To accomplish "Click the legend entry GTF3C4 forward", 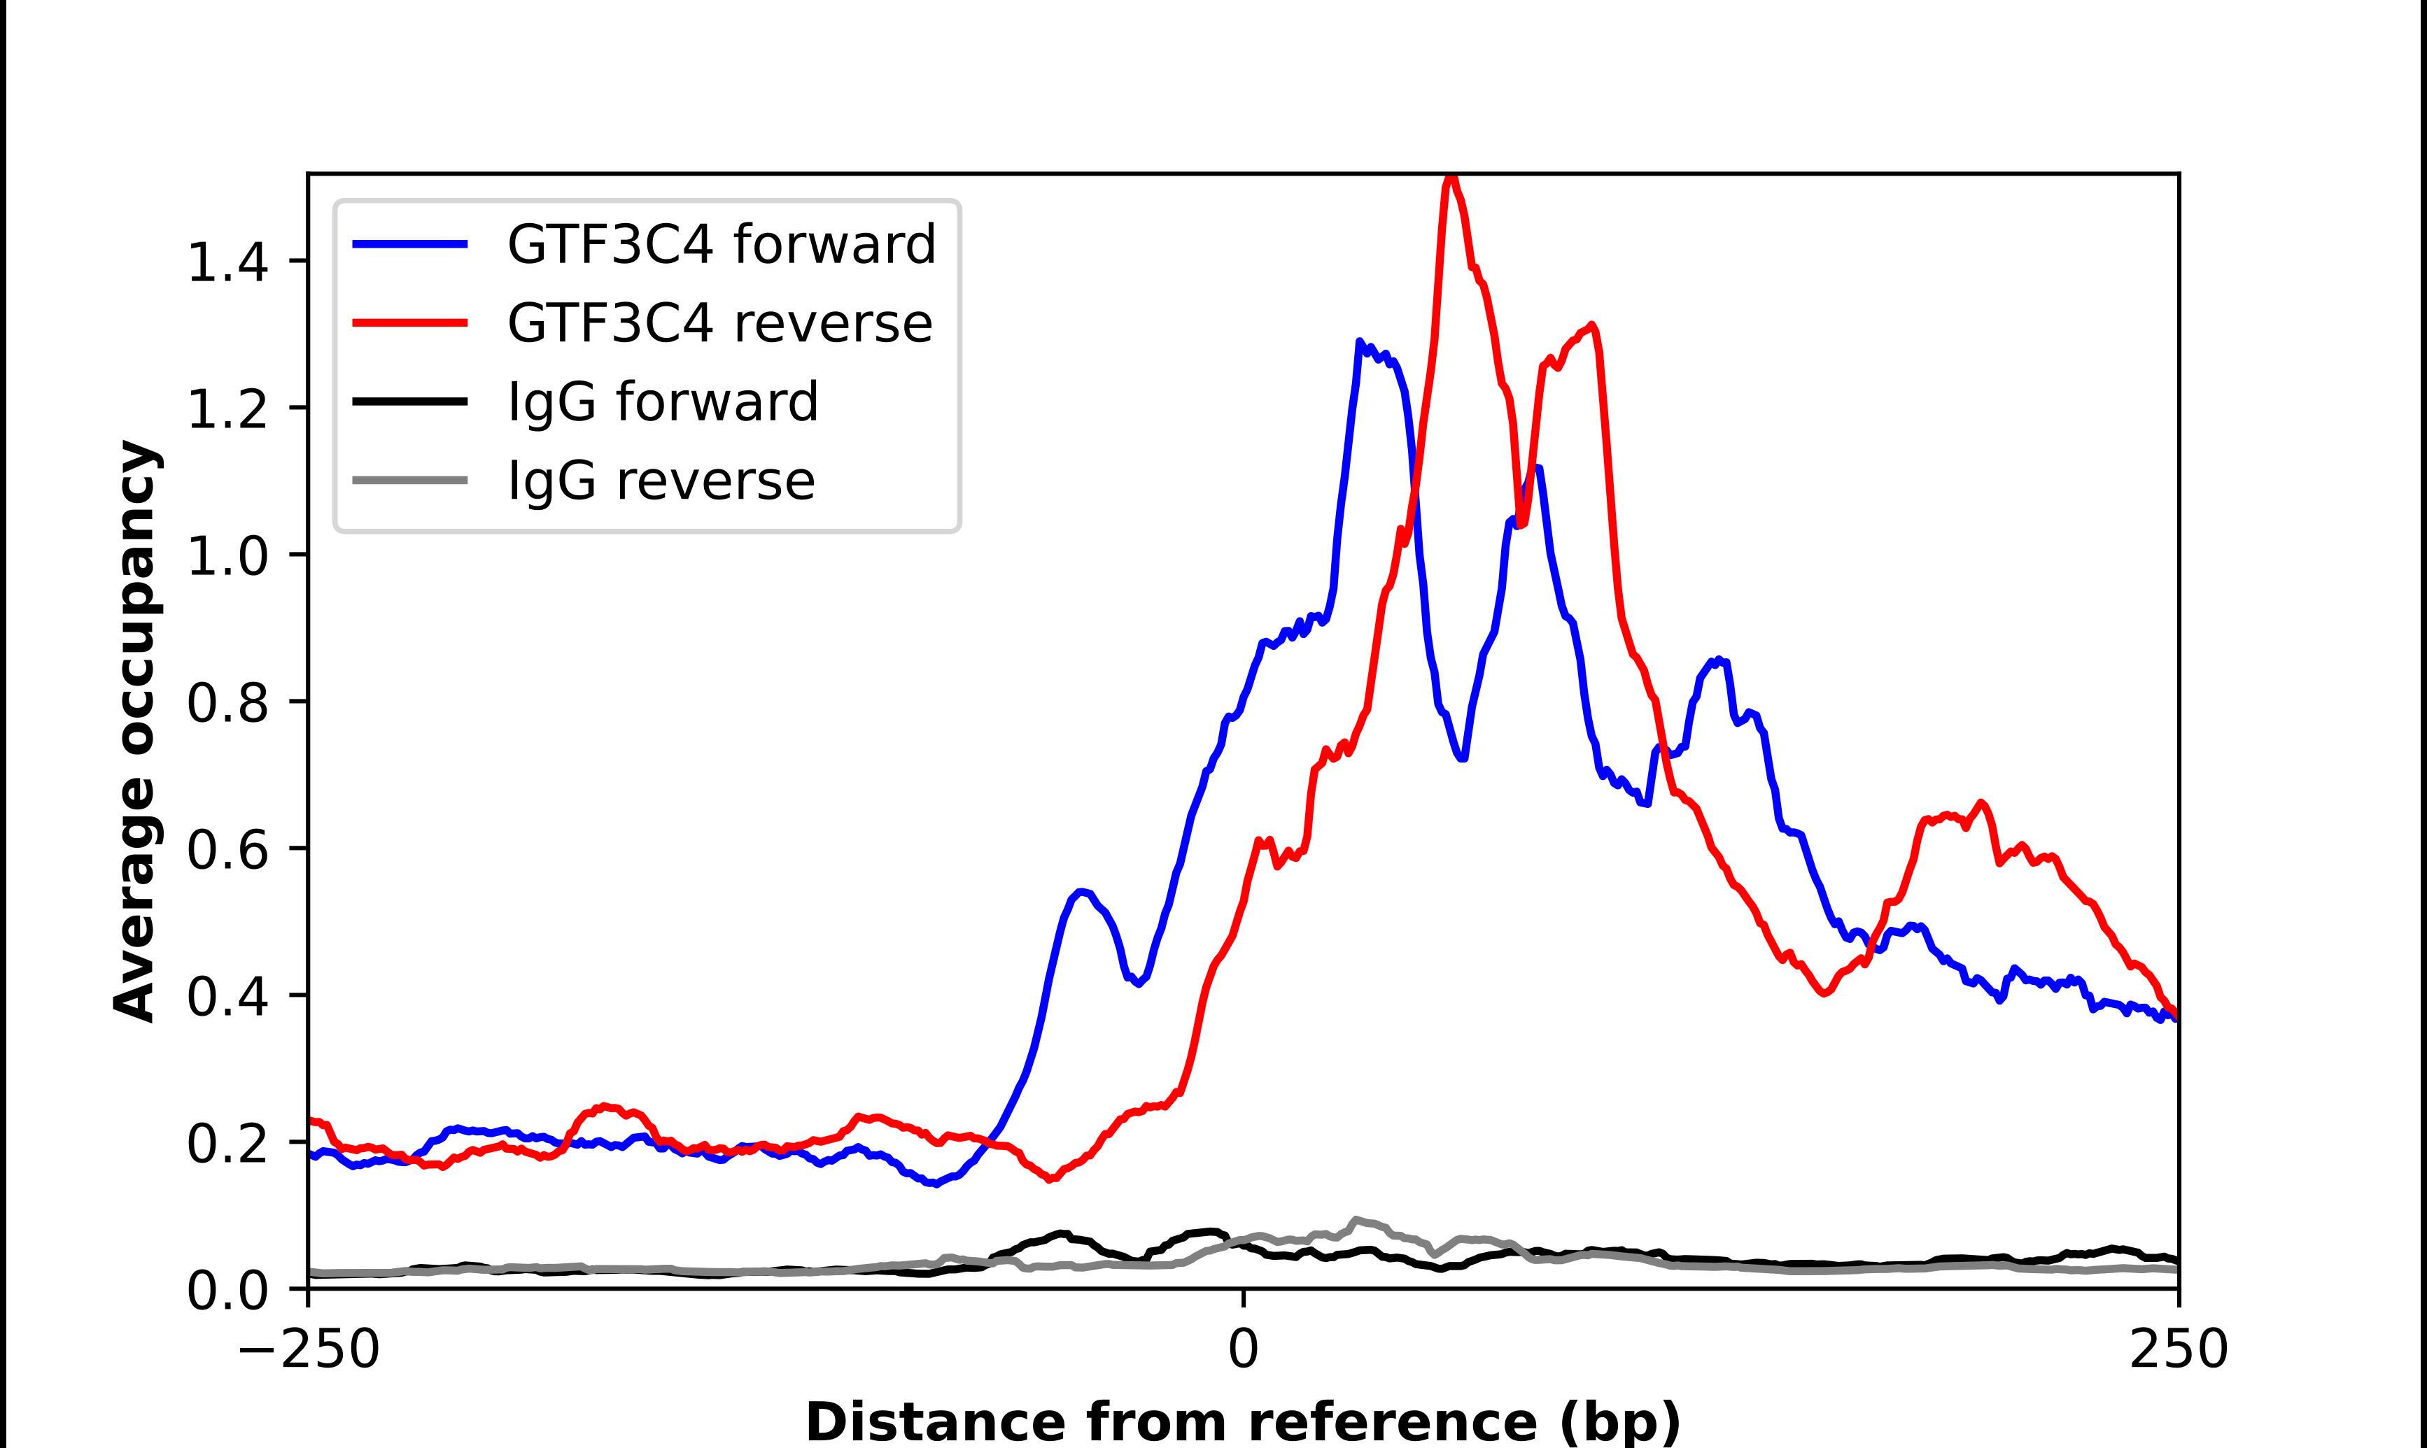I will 721,245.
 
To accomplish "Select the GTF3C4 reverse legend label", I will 719,324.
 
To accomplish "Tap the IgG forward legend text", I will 663,402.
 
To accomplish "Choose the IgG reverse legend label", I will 661,481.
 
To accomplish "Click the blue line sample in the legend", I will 410,245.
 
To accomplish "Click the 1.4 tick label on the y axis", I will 227,262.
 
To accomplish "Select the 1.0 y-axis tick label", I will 227,556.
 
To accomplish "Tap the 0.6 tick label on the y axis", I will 227,850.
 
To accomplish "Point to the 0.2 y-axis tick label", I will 227,1144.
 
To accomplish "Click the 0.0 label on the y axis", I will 227,1291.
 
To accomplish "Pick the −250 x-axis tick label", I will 309,1351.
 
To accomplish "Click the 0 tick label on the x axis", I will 1244,1351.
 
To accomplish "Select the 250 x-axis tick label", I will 2178,1351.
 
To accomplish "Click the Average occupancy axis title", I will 134,732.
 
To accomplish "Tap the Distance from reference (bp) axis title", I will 1244,1421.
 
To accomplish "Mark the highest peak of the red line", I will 1451,178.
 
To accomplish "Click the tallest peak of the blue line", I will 1359,343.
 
